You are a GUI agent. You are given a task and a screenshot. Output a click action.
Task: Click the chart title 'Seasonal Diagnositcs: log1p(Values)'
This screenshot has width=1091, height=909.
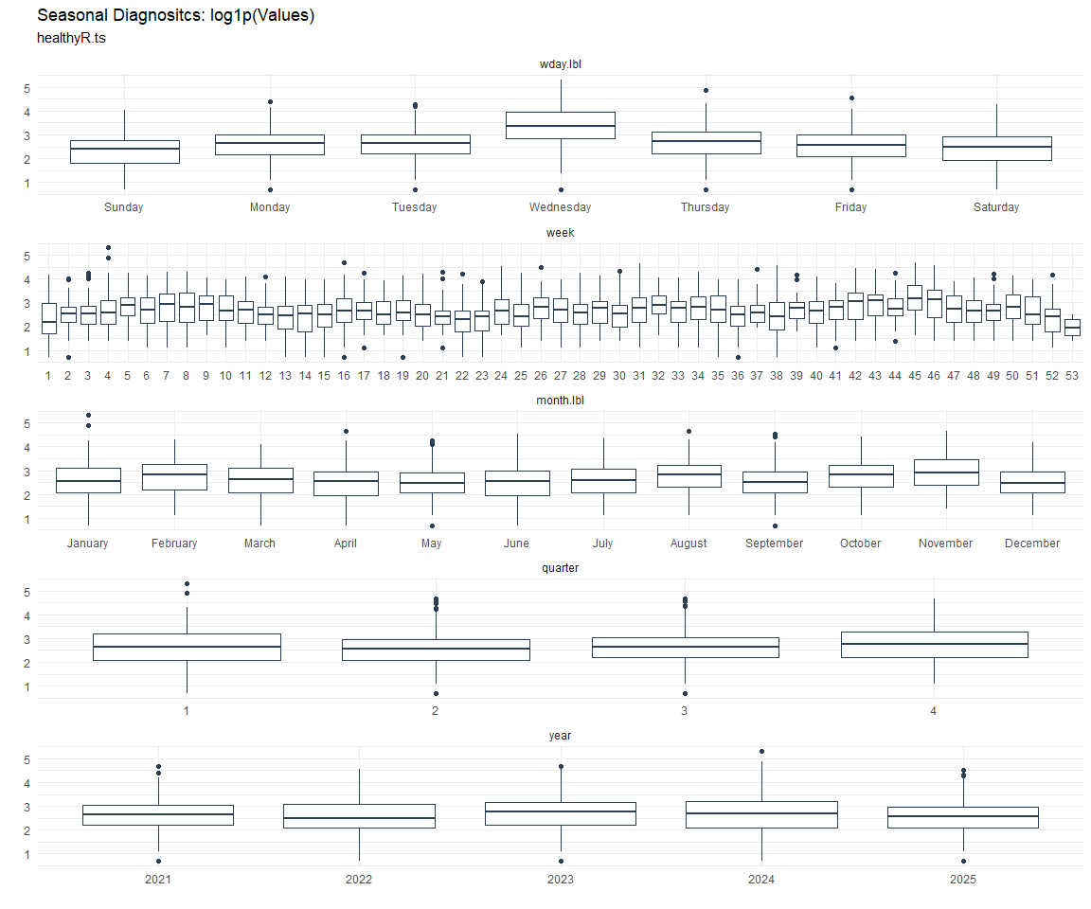coord(176,16)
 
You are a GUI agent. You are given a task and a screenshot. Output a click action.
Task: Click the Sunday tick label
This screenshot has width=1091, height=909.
coord(124,207)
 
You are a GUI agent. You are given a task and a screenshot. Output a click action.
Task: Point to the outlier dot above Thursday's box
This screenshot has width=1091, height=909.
coord(706,91)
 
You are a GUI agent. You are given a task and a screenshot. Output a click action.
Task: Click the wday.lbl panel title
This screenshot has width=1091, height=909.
coord(560,64)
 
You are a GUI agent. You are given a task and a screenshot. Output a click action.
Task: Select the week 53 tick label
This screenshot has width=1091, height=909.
coord(1072,376)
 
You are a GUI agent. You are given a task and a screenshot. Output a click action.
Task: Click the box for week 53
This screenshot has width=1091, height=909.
coord(1072,327)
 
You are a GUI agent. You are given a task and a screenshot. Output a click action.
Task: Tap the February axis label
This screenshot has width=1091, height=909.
coord(174,544)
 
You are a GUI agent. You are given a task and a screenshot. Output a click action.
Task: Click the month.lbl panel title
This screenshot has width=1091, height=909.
coord(560,401)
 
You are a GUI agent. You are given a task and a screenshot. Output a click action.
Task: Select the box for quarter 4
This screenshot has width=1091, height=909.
coord(934,644)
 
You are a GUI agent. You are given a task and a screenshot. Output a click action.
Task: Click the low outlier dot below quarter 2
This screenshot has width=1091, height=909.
coord(436,694)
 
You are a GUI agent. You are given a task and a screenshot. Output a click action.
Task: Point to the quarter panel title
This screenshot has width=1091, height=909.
coord(560,568)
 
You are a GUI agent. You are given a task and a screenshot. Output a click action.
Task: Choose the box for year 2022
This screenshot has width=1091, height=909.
coord(359,816)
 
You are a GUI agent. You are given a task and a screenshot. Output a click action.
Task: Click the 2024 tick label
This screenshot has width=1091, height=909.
coord(761,880)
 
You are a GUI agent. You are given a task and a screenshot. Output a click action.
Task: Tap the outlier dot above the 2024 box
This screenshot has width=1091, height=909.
coord(761,752)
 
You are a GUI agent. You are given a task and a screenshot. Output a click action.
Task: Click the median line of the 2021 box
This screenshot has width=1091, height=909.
coord(158,814)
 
